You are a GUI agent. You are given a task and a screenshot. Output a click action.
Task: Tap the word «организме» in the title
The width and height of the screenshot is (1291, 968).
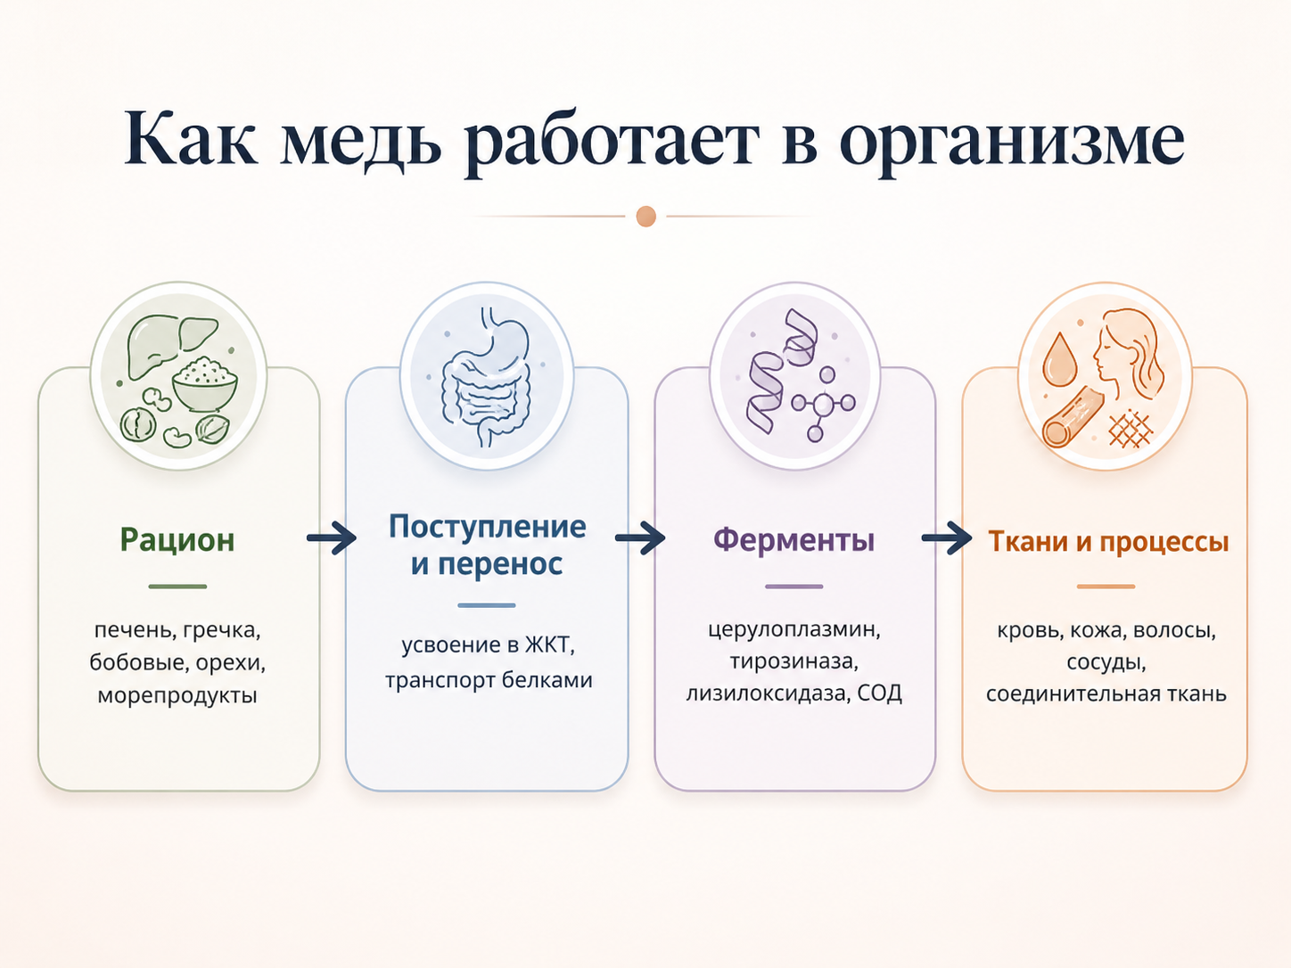pyautogui.click(x=1012, y=143)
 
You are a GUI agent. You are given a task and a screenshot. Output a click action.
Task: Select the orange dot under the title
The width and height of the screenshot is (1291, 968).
pyautogui.click(x=645, y=217)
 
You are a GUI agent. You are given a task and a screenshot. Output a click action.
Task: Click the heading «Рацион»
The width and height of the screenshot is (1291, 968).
pyautogui.click(x=177, y=539)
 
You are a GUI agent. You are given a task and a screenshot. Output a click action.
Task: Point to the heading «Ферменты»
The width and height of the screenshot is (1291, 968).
pyautogui.click(x=794, y=539)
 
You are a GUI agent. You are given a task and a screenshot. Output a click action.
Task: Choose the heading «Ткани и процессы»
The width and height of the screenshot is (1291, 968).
pyautogui.click(x=1108, y=541)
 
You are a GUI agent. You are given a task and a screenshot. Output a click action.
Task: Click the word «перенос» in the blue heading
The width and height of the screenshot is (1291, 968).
pyautogui.click(x=500, y=564)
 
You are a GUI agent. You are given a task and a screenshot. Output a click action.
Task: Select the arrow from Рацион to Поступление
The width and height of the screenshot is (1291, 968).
pyautogui.click(x=332, y=537)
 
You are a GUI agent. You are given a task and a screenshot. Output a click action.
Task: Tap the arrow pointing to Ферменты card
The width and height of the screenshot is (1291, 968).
pyautogui.click(x=640, y=537)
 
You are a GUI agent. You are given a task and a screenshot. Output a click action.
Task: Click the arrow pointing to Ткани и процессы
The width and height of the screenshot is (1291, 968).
pyautogui.click(x=947, y=537)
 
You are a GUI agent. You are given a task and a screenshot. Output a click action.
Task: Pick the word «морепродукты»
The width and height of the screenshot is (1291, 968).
pyautogui.click(x=177, y=695)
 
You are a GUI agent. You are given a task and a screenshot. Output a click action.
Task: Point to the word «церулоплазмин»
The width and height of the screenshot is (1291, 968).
pyautogui.click(x=792, y=630)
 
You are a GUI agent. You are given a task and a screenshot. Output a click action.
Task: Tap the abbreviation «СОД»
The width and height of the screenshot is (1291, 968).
pyautogui.click(x=879, y=693)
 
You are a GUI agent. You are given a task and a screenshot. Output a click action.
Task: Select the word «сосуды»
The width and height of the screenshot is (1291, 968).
pyautogui.click(x=1106, y=662)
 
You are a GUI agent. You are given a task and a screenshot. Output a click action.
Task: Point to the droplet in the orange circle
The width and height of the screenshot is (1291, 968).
pyautogui.click(x=1058, y=359)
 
